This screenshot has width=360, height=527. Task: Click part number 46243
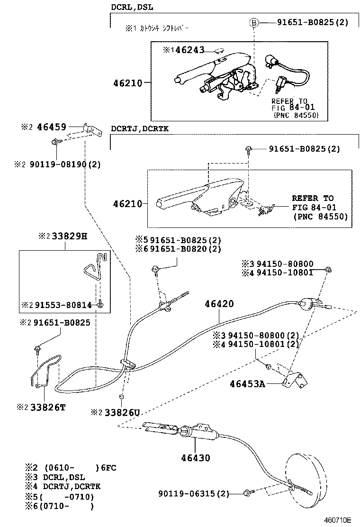click(191, 49)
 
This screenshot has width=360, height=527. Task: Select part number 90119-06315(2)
click(194, 494)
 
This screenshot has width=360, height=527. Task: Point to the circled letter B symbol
click(254, 22)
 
